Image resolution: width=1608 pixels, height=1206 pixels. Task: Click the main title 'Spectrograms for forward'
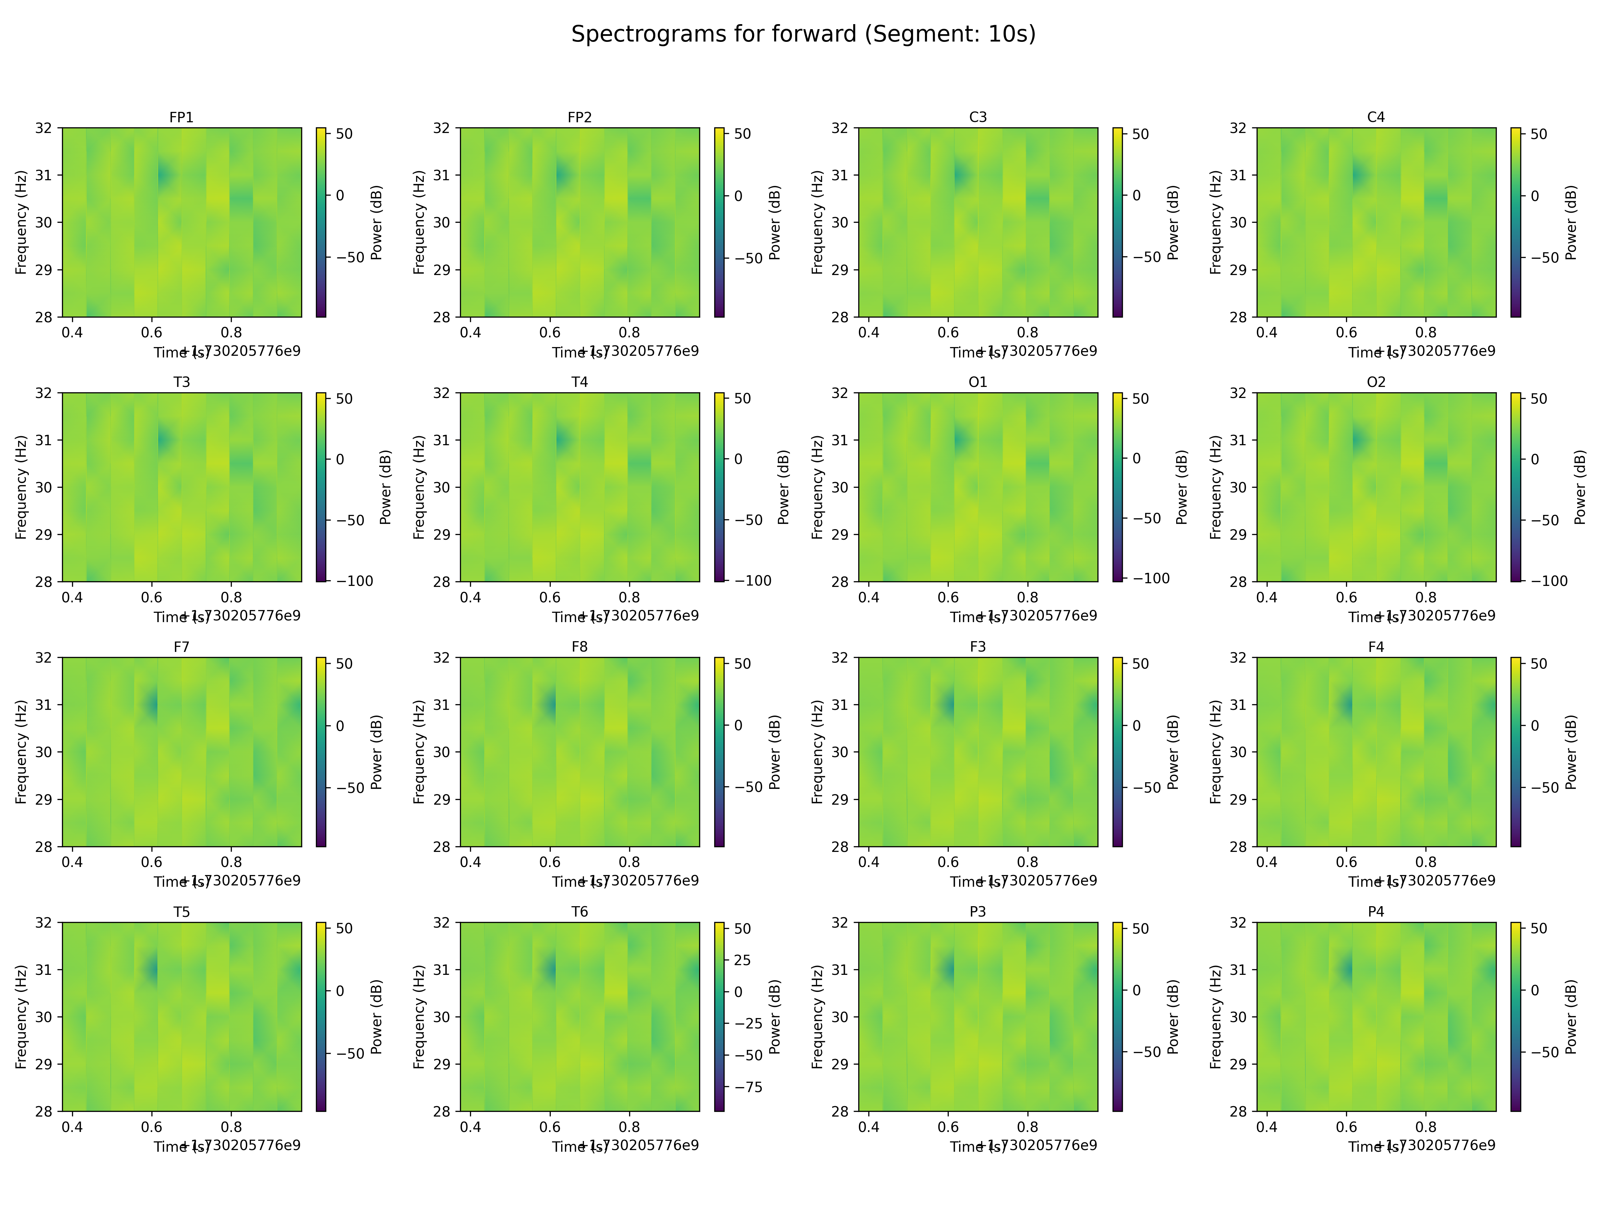pos(803,34)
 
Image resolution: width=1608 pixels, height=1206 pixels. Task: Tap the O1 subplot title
pos(978,382)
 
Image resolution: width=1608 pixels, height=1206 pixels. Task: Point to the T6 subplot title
pos(579,912)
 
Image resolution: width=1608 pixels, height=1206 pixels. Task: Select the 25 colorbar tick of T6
pos(742,960)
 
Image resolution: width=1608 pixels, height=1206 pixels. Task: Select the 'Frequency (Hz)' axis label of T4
pos(419,487)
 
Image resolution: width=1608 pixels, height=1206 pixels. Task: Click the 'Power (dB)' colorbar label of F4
pos(1571,752)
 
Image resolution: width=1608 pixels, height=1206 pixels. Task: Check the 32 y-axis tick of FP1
pos(44,128)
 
